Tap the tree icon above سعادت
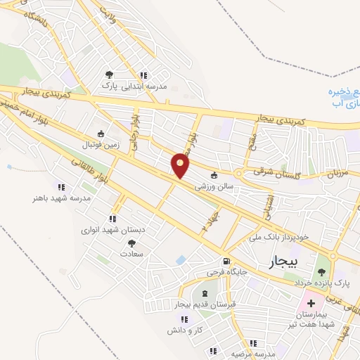[131, 243]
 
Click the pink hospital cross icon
[311, 303]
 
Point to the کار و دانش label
[185, 329]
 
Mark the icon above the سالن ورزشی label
[214, 176]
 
